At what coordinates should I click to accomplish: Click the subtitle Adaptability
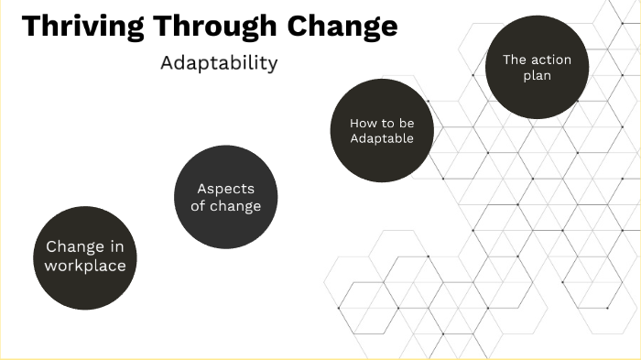[x=218, y=64]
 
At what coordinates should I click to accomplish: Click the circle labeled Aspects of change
[x=225, y=197]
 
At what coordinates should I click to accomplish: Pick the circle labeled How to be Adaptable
[x=381, y=131]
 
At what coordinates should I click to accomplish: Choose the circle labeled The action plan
[x=537, y=67]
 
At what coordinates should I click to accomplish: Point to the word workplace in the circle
[x=85, y=267]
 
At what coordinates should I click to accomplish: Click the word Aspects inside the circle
[x=225, y=189]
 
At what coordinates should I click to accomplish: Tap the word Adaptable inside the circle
[x=381, y=139]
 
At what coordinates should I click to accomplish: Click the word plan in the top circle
[x=537, y=76]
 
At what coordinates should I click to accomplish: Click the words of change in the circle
[x=225, y=206]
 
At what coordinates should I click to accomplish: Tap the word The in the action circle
[x=515, y=60]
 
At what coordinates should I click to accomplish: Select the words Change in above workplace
[x=85, y=246]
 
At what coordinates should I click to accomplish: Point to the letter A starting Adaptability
[x=167, y=64]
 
